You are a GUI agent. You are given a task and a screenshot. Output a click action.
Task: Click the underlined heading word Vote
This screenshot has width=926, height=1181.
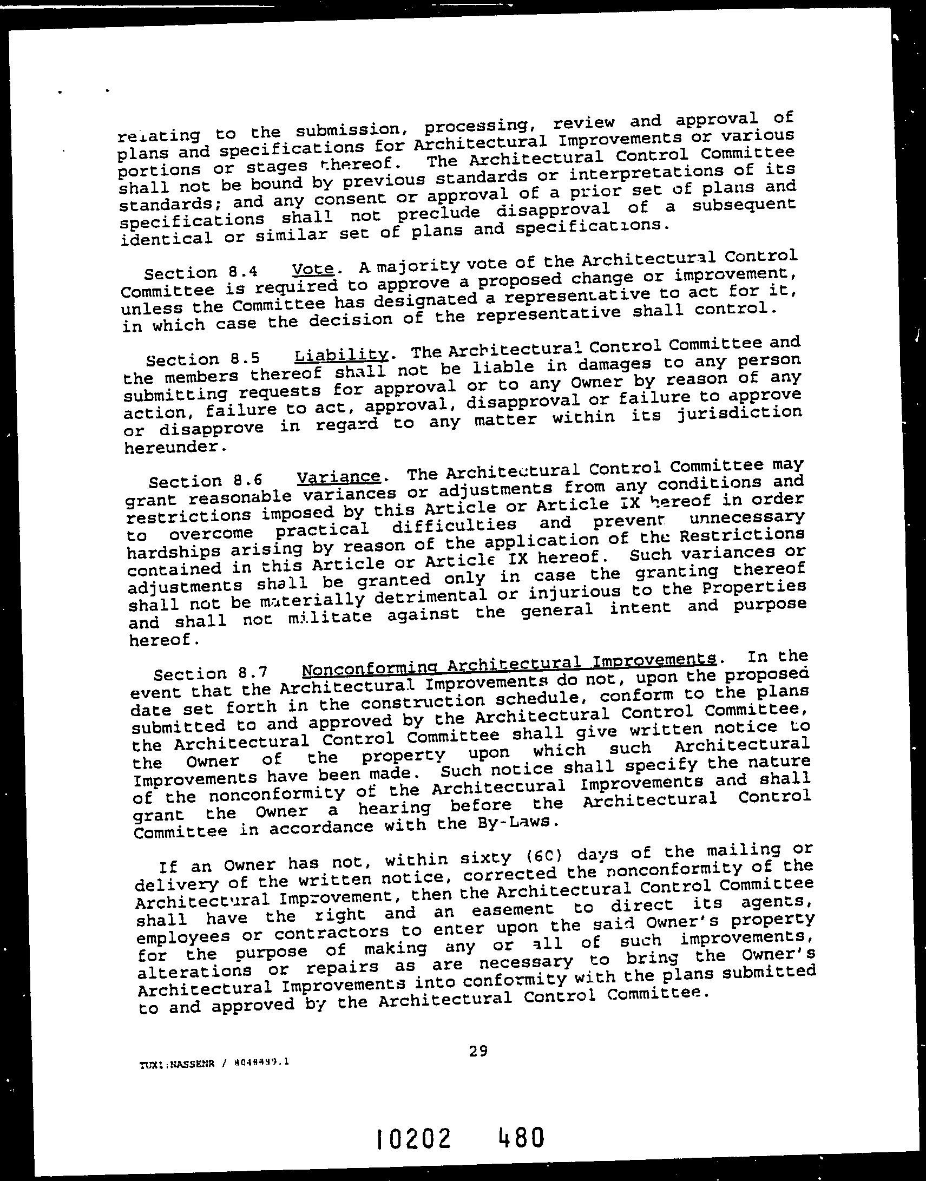tap(312, 268)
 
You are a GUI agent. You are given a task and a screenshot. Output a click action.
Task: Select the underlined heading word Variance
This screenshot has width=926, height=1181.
tap(338, 477)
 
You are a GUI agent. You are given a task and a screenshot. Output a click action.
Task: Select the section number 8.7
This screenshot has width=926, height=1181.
tap(253, 673)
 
